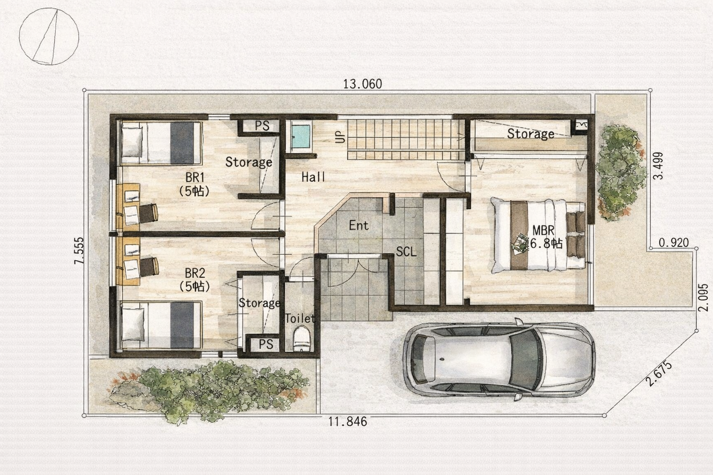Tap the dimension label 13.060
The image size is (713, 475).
tap(363, 84)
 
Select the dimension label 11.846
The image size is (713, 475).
tap(348, 422)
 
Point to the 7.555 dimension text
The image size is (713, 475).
tap(79, 250)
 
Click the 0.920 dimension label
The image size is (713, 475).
tap(674, 243)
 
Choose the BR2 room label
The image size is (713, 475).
tap(195, 273)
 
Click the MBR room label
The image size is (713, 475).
tap(544, 231)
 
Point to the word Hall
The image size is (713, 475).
tap(313, 177)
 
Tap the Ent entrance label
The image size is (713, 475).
tap(359, 225)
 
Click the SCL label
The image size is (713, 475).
tap(406, 252)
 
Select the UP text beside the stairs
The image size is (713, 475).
tap(340, 137)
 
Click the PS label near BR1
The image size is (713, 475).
tap(262, 126)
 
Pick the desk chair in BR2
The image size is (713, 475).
tap(149, 267)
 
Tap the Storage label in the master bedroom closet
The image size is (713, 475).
tap(531, 134)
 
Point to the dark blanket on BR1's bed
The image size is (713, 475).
tap(182, 143)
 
